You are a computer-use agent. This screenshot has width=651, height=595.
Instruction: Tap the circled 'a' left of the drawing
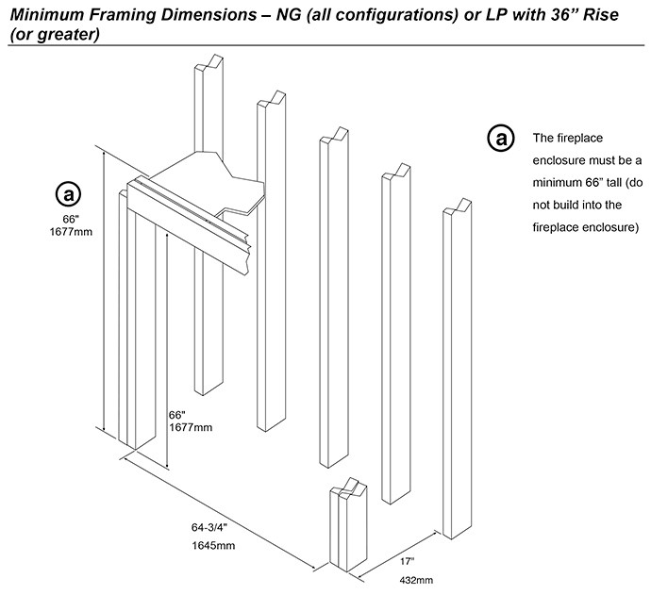point(68,195)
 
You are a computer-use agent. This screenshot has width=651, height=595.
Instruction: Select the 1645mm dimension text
point(211,546)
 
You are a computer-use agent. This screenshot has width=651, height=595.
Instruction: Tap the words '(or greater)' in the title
point(50,34)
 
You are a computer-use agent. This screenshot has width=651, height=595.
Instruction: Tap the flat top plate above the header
point(203,179)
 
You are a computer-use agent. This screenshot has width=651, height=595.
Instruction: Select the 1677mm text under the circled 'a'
point(73,232)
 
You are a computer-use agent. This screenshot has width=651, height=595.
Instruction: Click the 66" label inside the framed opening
point(177,415)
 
